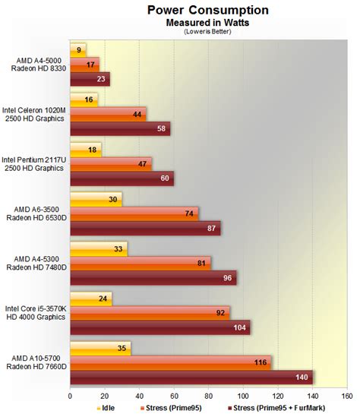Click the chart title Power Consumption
tap(208, 11)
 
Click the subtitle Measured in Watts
tap(208, 23)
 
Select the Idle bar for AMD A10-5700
tap(100, 349)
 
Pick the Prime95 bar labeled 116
tap(170, 362)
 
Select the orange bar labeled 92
tap(150, 312)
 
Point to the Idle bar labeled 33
tap(98, 248)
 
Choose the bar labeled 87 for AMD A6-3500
tap(144, 226)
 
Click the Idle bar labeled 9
tap(77, 49)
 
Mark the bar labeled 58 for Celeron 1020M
tap(119, 127)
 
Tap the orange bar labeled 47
tap(110, 163)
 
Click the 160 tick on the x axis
tap(346, 395)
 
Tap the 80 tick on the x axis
tap(208, 395)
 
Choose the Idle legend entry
tap(106, 408)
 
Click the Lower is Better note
tap(208, 31)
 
